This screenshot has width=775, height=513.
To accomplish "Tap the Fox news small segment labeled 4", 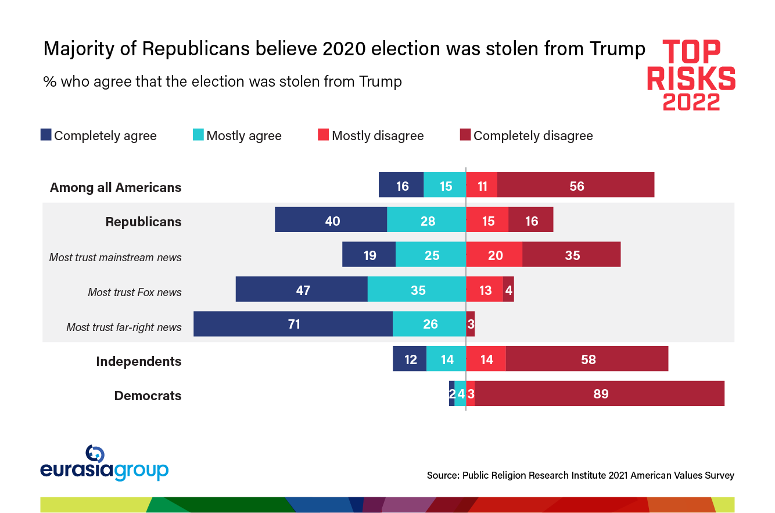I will pos(508,289).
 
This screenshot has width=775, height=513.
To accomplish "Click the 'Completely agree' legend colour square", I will pos(46,135).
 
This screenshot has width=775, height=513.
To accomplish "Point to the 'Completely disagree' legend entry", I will pos(526,136).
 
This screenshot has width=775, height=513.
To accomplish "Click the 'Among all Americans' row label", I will pos(116,187).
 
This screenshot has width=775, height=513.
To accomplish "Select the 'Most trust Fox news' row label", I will pos(135,292).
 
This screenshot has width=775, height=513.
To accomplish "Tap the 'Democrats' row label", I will pos(148,396).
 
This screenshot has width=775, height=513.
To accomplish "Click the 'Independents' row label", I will pos(139,361).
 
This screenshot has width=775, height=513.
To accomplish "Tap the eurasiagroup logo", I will pos(104,464).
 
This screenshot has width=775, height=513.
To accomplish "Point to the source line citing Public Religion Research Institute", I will pos(580,475).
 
